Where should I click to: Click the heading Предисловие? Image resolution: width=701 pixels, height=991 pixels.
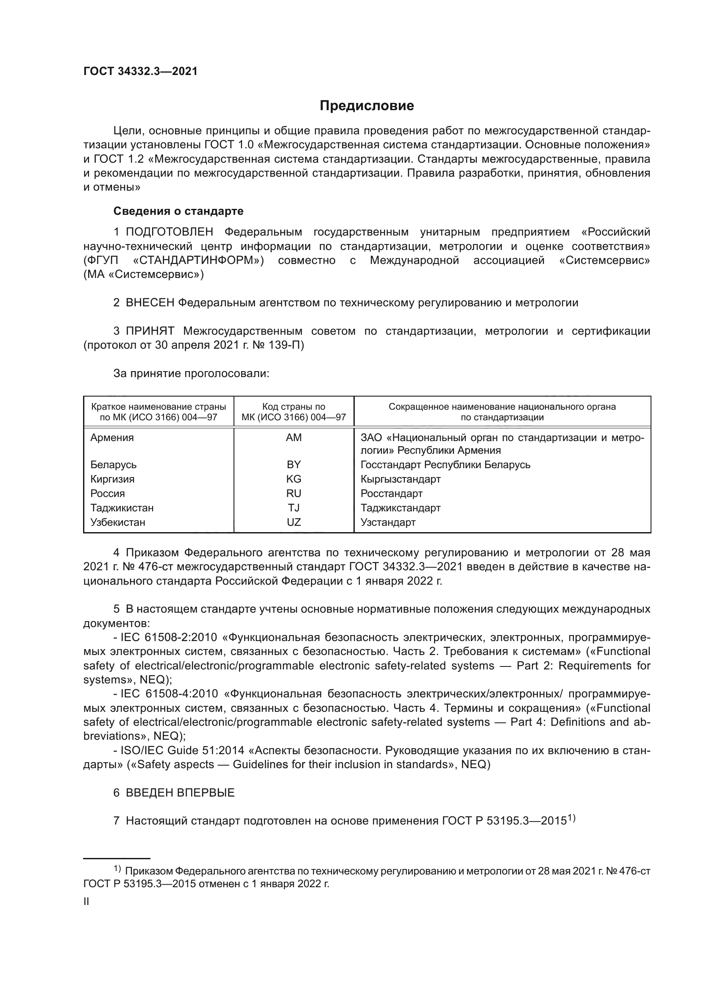[x=367, y=106]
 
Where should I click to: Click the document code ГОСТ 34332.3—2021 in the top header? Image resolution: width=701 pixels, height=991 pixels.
[x=140, y=72]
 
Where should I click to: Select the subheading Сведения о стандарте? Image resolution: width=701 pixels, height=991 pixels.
[x=178, y=211]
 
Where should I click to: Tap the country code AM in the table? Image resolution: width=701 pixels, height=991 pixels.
[x=294, y=438]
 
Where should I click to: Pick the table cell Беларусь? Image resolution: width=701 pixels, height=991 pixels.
[x=113, y=465]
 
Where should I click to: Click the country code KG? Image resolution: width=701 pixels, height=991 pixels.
[x=294, y=479]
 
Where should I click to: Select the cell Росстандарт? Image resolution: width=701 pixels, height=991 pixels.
[x=392, y=493]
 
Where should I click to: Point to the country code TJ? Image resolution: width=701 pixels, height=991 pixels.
[x=294, y=508]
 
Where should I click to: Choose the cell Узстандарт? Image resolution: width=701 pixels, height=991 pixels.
[x=388, y=522]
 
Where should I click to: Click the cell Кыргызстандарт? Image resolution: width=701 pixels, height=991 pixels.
[x=401, y=479]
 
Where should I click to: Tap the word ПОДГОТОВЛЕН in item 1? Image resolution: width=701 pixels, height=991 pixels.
[x=170, y=232]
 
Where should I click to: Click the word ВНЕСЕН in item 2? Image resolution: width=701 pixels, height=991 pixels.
[x=150, y=303]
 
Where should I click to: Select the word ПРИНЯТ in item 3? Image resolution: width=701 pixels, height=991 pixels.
[x=150, y=331]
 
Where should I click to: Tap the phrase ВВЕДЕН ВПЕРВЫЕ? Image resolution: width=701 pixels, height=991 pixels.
[x=180, y=793]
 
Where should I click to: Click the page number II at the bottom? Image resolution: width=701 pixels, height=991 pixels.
[x=86, y=902]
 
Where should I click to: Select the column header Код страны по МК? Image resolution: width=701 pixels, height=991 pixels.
[x=294, y=412]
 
